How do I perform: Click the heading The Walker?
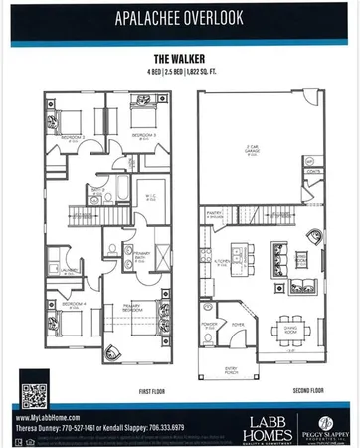180,58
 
